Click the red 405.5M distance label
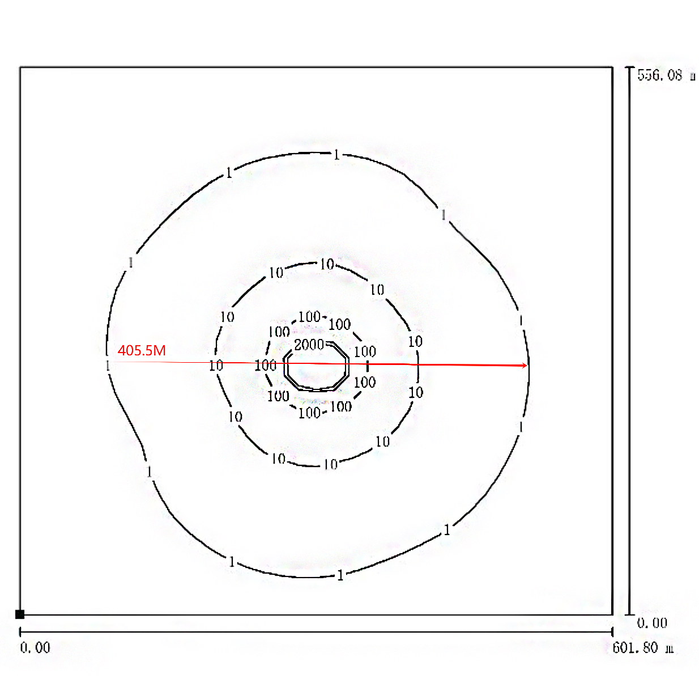(142, 350)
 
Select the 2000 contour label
(309, 345)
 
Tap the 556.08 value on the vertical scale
(660, 75)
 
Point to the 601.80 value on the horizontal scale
(635, 648)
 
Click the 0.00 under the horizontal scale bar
(35, 648)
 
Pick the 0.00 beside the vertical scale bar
(652, 623)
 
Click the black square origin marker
(20, 614)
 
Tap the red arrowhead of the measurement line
(525, 365)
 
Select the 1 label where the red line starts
(108, 366)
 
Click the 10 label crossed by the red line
(216, 366)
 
